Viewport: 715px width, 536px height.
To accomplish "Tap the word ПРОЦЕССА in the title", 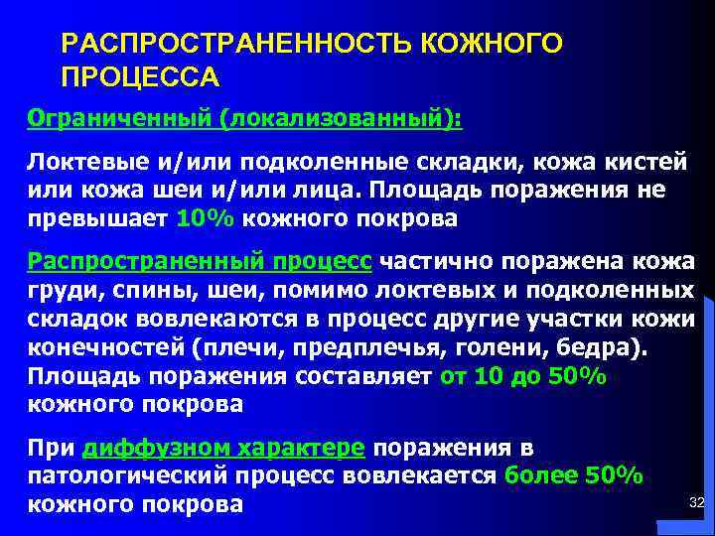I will [x=140, y=77].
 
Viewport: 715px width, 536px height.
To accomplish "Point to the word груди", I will [x=56, y=290].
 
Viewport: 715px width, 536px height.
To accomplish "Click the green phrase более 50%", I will [x=574, y=476].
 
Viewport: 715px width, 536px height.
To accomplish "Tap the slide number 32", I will [x=695, y=505].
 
